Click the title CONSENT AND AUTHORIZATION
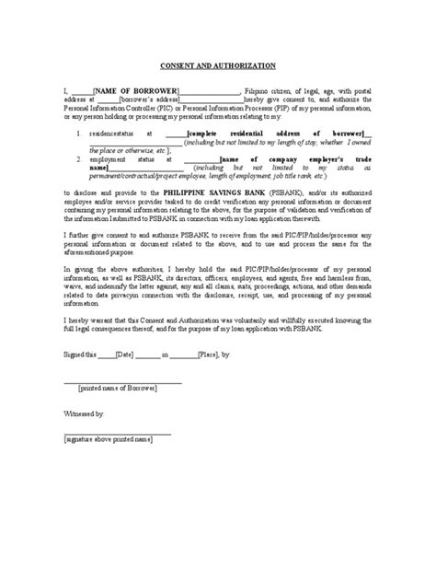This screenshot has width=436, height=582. pos(217,66)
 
